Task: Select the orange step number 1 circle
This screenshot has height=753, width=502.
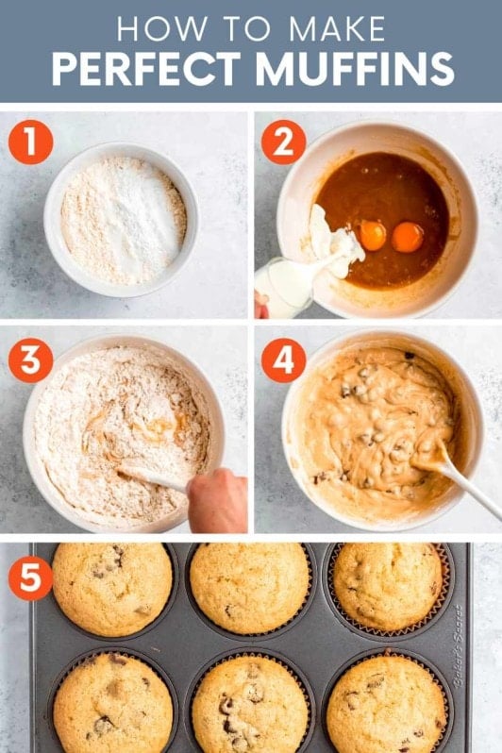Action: coord(31,142)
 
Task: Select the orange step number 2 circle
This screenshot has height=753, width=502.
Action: coord(283,142)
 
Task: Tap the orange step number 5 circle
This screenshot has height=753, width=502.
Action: coord(31,578)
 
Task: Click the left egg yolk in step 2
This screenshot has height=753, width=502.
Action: coord(373,235)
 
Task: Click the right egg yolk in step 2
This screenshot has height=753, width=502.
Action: coord(408,237)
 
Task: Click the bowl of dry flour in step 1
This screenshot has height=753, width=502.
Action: coord(122,219)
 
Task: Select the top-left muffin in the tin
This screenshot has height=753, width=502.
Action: coord(112,588)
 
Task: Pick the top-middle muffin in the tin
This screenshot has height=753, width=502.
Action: coord(249,587)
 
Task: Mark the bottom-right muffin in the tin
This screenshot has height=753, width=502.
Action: coord(387,704)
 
